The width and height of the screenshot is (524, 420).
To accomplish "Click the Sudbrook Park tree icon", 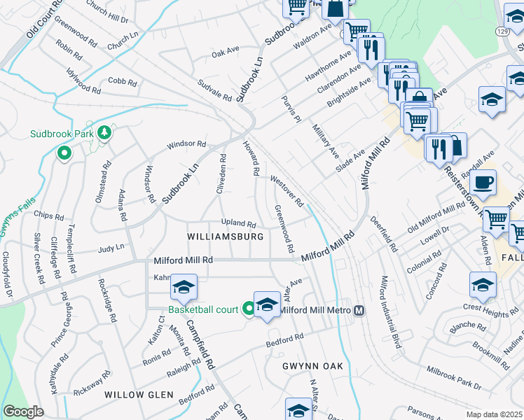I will point(104,132).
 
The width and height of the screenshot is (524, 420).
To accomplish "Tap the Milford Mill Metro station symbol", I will point(359,310).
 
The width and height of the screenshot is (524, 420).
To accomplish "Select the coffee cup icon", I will point(482,183).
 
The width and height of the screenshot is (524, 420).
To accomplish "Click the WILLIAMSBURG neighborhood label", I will point(226,237).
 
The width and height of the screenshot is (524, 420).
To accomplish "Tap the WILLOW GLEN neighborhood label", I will point(139,395).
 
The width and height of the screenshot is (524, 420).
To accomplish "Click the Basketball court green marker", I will point(249,309).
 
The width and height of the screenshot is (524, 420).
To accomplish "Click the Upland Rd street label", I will point(238,223).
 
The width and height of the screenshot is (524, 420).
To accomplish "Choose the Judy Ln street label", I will point(111,248).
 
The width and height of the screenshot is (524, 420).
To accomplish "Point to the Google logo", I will point(23,412).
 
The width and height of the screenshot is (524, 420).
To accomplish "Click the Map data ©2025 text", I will point(494,414).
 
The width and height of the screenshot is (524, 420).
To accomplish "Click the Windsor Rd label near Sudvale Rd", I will point(186,145).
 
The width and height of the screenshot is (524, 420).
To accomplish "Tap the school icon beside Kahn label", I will point(184,287).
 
